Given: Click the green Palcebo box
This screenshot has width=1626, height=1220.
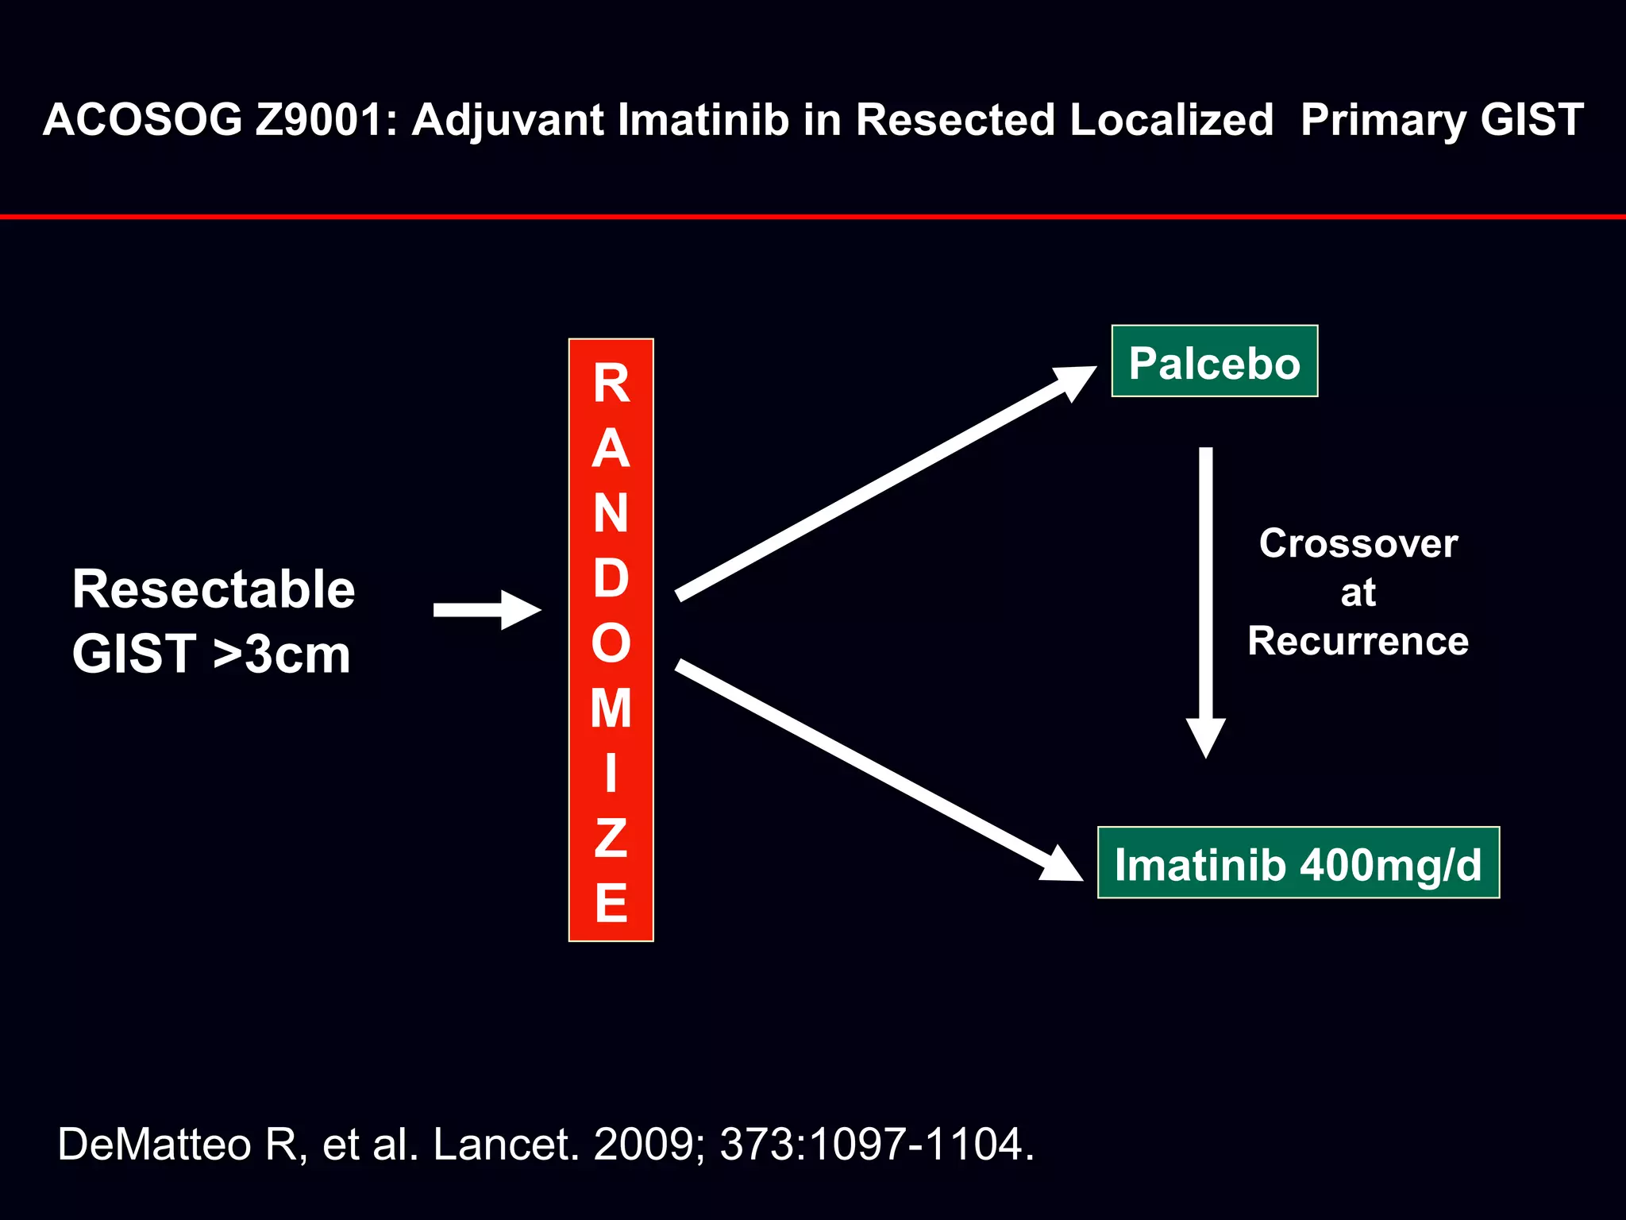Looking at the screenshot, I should coord(1214,361).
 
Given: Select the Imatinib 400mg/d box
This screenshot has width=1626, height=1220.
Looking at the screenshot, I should coord(1298,863).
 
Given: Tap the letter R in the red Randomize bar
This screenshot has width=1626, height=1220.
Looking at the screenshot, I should coord(611,384).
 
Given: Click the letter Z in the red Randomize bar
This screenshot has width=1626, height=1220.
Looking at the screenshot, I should coord(611,837).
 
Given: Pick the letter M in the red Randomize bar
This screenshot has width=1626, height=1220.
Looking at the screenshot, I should coord(611,708).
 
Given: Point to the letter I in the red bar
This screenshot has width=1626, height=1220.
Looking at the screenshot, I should coord(611,773).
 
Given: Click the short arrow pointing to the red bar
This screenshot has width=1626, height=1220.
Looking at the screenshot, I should coord(487,610).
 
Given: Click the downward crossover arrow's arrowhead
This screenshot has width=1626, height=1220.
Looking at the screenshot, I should coord(1205,736).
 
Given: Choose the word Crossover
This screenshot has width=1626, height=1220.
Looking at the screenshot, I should coord(1358,544).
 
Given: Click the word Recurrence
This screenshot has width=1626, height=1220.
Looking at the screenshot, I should coord(1358,641).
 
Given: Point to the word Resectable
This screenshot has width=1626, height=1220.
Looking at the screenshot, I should coord(214,589).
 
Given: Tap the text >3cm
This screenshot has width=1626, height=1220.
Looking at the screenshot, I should coord(282,654).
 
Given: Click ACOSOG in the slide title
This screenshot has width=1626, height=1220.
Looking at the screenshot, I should coord(142,120).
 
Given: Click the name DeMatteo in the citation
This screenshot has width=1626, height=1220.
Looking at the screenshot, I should coord(154,1145).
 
